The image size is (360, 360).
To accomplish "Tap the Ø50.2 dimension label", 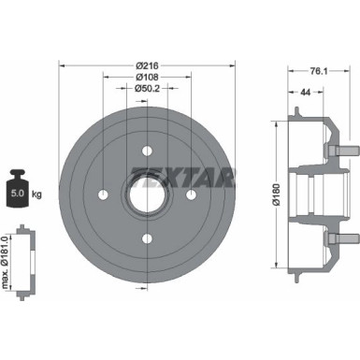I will pos(145,88).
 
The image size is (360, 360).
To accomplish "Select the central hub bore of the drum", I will pos(146,194).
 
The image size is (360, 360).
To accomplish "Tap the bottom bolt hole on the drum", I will pos(146,238).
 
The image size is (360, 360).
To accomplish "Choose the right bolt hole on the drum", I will pos(191,194).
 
